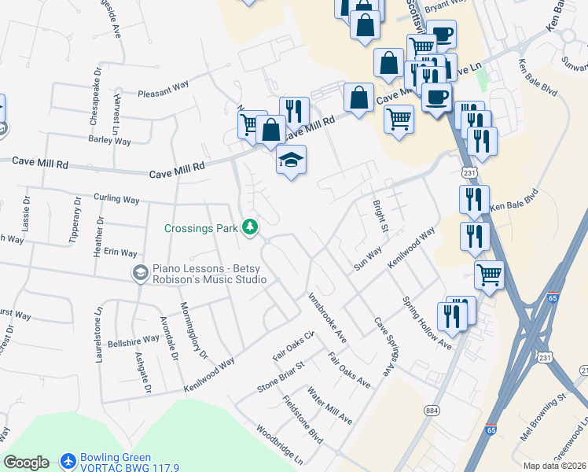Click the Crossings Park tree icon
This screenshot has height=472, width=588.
point(250,227)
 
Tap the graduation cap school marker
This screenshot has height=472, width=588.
point(291,160)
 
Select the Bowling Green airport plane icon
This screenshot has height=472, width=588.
point(68,459)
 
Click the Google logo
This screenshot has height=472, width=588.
point(27,463)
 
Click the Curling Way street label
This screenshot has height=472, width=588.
point(116,199)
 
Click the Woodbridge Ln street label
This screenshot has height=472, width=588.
point(279,445)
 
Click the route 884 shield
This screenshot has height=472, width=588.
point(431,410)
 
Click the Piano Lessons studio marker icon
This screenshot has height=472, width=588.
point(141,273)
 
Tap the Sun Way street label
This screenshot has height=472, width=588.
point(367,258)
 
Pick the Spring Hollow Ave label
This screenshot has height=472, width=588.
point(427,323)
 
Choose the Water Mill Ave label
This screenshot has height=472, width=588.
point(329,405)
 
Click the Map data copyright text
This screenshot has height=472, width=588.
point(554,466)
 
